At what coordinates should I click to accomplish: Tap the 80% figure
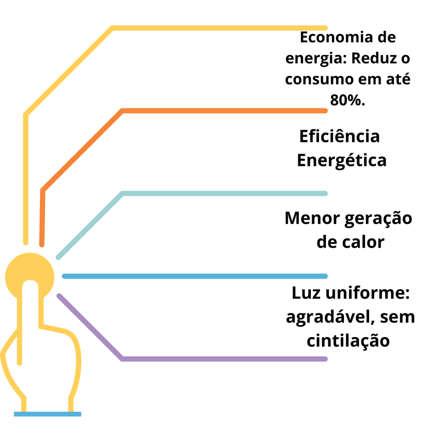347,100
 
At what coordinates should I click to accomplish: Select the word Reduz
372,58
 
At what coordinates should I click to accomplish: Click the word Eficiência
339,136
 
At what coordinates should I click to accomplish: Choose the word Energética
342,160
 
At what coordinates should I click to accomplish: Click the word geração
378,219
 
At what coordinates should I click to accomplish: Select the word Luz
306,293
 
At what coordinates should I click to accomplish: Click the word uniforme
368,293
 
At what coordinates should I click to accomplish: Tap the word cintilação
348,341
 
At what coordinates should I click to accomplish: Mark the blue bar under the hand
47,414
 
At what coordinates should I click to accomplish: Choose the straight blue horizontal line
195,276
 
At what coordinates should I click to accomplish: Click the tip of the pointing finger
30,281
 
